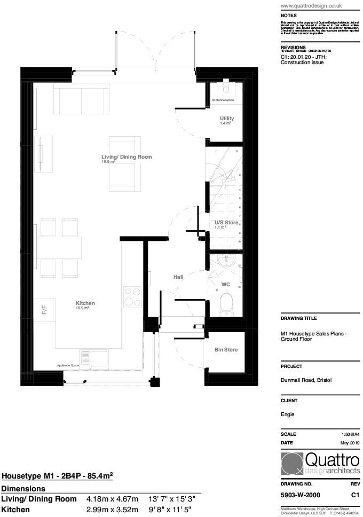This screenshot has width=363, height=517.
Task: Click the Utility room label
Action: [x=227, y=118]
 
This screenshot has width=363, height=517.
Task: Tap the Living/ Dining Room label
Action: [x=127, y=157]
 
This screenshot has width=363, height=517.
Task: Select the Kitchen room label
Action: [x=85, y=303]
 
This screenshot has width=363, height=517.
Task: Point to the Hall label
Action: [x=178, y=277]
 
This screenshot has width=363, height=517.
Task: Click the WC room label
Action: [x=225, y=285]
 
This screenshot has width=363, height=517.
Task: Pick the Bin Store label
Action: [x=226, y=350]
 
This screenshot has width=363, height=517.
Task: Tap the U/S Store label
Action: [x=226, y=222]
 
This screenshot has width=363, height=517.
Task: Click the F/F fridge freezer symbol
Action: [x=45, y=310]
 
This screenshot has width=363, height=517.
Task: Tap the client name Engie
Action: [x=287, y=414]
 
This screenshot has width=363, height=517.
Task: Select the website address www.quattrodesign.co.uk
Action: [x=311, y=6]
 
